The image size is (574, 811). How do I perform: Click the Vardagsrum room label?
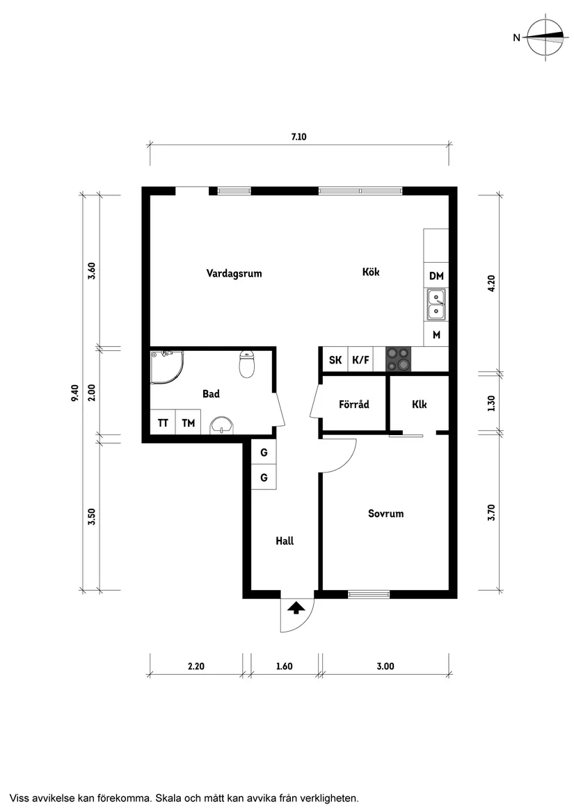[x=234, y=273]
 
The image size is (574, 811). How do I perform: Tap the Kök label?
[x=370, y=272]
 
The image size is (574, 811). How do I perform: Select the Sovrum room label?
[x=385, y=514]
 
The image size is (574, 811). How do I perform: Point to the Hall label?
[x=284, y=540]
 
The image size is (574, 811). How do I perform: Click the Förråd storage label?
[x=353, y=404]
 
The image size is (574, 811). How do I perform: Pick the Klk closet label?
[x=419, y=404]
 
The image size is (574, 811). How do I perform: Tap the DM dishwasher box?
[x=436, y=276]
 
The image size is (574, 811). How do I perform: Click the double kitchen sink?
[x=436, y=306]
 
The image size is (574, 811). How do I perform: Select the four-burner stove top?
[x=399, y=359]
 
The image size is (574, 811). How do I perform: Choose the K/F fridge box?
[x=360, y=360]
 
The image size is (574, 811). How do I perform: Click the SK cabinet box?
[x=335, y=360]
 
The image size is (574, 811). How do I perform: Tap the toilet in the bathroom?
[x=247, y=363]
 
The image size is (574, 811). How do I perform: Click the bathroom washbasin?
[x=222, y=425]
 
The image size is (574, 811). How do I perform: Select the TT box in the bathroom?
[x=163, y=423]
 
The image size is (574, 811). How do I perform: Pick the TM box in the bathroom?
[x=188, y=423]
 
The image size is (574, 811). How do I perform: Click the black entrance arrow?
[x=296, y=608]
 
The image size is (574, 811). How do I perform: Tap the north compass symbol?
[x=545, y=38]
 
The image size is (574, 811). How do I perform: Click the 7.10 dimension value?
[x=298, y=137]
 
